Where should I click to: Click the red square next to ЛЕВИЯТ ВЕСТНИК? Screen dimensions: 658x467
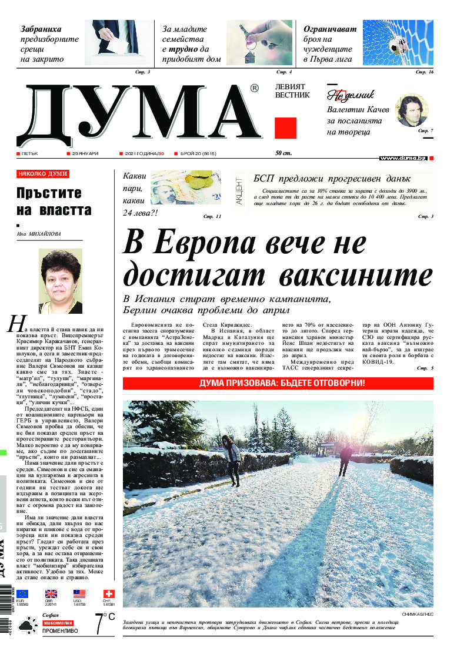click(285, 127)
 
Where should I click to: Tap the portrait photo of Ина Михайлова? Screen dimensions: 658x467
click(60, 281)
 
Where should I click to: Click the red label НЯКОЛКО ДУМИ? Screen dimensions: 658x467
click(43, 174)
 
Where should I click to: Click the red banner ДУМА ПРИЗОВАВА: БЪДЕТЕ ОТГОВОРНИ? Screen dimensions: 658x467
click(278, 383)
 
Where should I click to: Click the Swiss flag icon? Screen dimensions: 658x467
click(108, 594)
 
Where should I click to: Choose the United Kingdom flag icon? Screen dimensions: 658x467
click(51, 594)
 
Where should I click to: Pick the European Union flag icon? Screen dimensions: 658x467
click(22, 594)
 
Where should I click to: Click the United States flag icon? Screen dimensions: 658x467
click(79, 594)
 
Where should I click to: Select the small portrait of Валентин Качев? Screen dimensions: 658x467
click(411, 110)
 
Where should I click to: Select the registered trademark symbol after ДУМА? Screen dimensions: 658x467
click(254, 88)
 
